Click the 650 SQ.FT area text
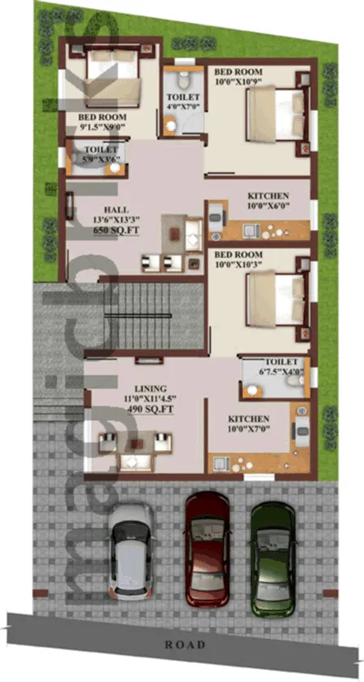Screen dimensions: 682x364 coord(113,231)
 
